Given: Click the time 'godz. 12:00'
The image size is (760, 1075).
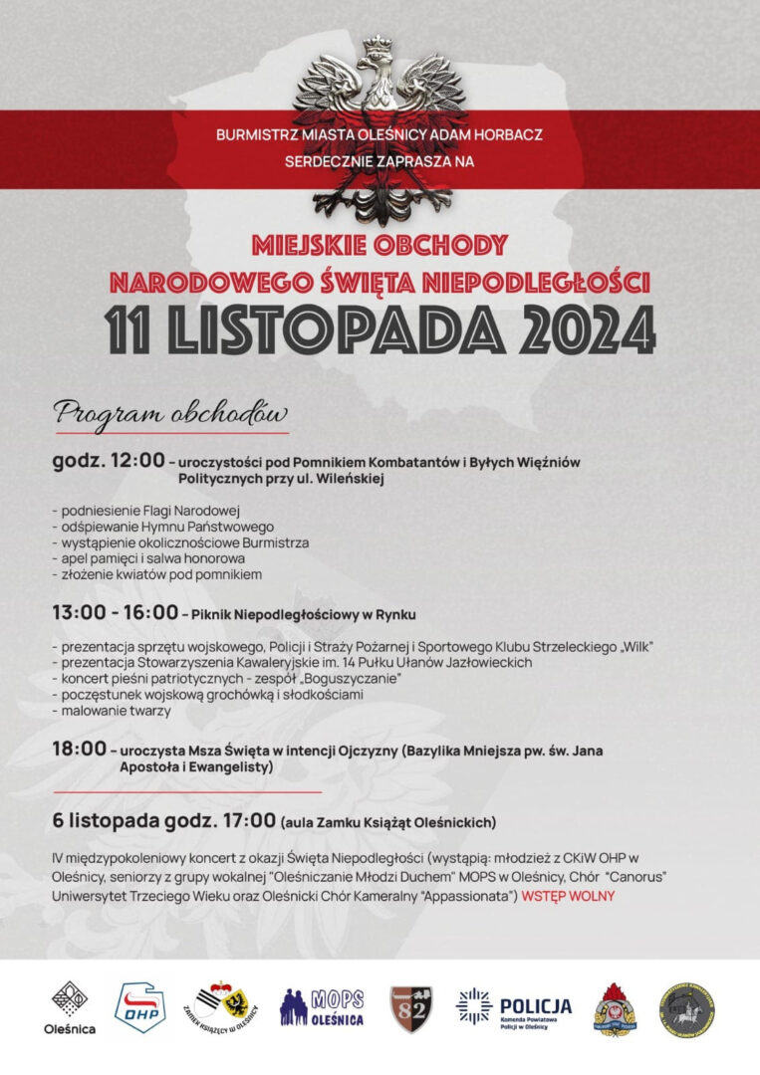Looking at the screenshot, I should (x=109, y=462).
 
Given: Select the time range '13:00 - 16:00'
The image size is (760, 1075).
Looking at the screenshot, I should (x=116, y=612).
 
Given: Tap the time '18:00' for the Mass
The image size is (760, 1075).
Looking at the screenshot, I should (x=79, y=749).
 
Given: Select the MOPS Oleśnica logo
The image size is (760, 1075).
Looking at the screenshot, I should (x=322, y=1007).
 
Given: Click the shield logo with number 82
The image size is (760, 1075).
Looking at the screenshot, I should (x=409, y=1007).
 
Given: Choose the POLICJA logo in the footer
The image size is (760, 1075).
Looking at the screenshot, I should (x=514, y=1007).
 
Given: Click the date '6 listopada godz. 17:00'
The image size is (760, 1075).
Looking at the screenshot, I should (x=164, y=821).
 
